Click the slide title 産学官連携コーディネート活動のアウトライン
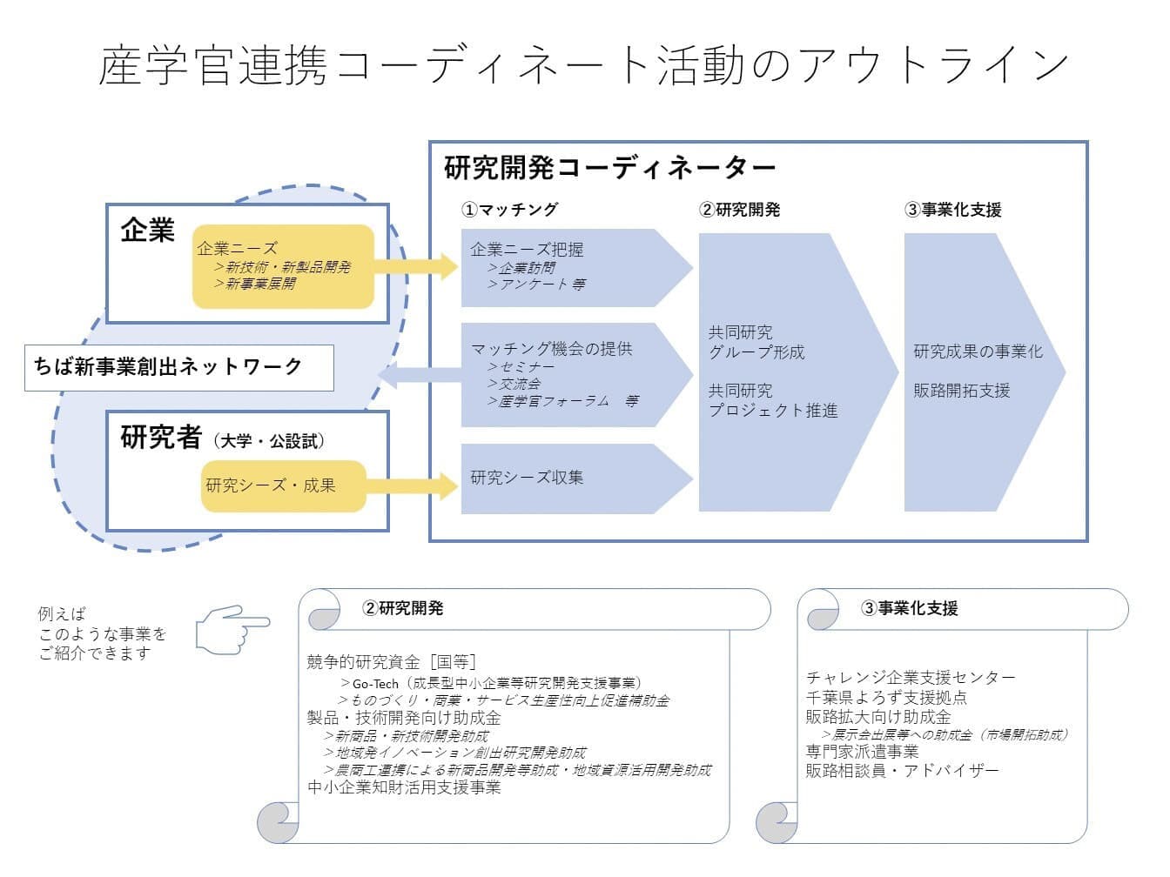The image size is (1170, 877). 583,65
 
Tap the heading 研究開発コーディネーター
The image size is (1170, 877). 609,167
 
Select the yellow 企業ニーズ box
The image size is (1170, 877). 283,266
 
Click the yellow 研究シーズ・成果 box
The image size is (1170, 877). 283,485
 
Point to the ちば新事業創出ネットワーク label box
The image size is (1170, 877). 178,367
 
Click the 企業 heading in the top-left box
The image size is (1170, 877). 148,231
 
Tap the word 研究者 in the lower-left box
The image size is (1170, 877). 161,438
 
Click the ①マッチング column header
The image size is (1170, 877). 509,210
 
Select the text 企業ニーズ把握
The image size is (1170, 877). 527,250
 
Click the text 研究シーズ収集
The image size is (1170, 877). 527,478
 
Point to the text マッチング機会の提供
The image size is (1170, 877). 551,349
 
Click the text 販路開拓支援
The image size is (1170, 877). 961,391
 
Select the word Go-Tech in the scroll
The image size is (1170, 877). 375,684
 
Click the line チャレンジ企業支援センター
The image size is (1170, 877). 911,678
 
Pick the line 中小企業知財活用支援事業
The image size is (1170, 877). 404,788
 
